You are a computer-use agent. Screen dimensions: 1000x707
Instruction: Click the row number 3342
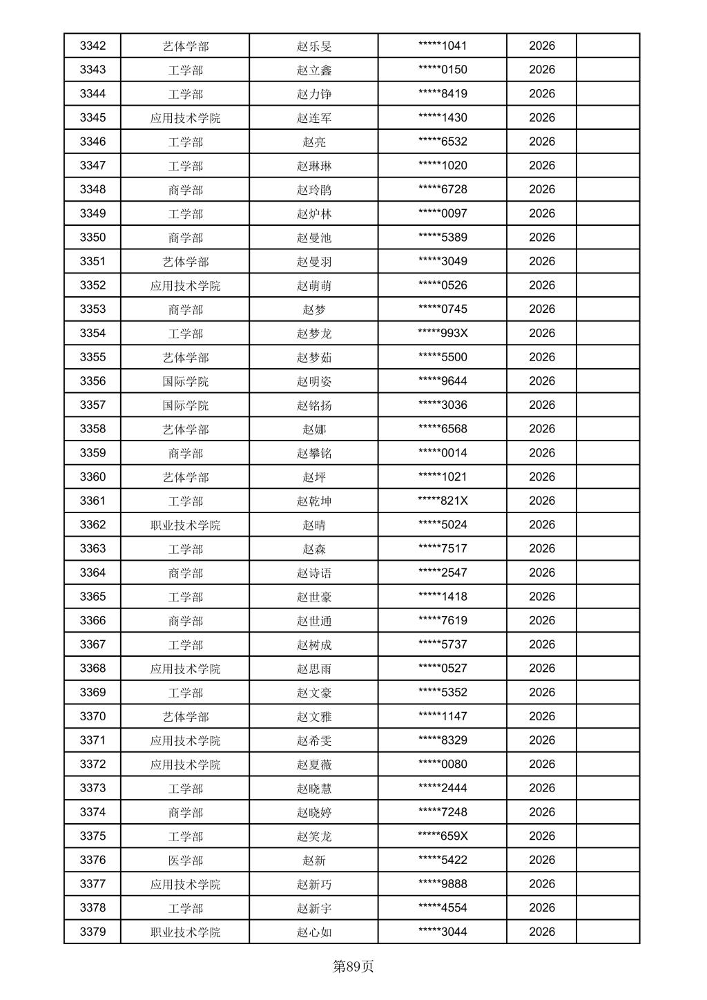(93, 46)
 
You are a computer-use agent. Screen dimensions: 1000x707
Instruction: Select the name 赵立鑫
(314, 70)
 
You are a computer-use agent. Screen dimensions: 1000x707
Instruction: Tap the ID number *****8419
(443, 94)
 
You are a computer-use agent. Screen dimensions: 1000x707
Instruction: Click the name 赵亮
(314, 142)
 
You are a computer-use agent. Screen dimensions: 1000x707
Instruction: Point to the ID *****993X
(443, 333)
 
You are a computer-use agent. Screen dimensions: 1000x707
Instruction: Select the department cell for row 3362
(185, 525)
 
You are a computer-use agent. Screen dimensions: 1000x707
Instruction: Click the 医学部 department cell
(185, 860)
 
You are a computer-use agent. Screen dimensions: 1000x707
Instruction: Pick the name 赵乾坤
(314, 501)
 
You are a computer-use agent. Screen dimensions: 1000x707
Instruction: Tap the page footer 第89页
(353, 966)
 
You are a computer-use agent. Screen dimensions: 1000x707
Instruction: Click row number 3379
(93, 932)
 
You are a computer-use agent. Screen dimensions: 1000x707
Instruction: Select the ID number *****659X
(443, 836)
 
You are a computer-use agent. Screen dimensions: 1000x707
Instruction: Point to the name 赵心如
(314, 932)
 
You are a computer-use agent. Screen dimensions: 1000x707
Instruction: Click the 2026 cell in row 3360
(542, 477)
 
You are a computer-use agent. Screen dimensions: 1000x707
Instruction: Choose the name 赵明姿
(314, 381)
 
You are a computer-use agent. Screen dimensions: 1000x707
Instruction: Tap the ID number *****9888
(443, 884)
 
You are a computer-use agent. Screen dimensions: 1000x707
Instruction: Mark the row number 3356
(93, 381)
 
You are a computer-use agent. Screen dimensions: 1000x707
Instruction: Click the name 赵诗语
(314, 573)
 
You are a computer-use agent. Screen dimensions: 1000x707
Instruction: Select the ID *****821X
(443, 501)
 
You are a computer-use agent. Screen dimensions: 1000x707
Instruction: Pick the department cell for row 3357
(185, 405)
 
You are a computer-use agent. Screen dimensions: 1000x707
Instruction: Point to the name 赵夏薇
(314, 764)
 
